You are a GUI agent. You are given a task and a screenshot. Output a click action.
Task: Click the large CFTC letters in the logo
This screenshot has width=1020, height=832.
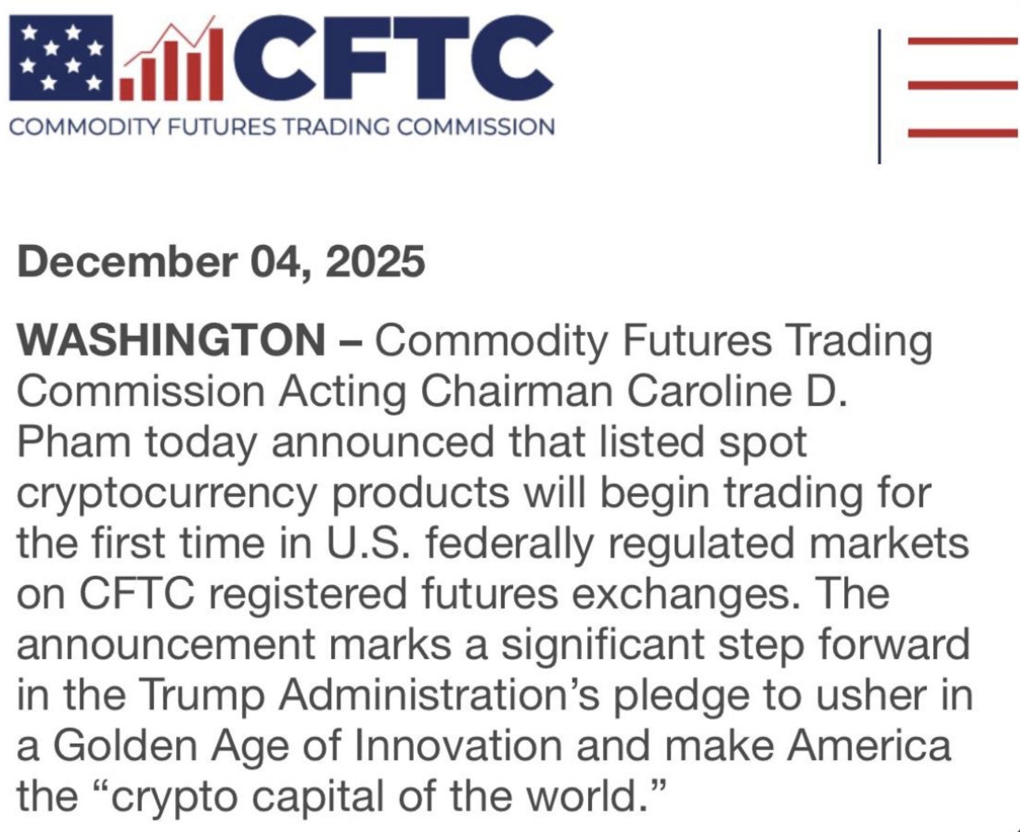tap(390, 58)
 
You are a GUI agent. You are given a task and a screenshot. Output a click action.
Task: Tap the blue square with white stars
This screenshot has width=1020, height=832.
tap(61, 58)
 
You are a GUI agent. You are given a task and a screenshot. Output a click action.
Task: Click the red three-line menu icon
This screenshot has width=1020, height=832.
tap(963, 86)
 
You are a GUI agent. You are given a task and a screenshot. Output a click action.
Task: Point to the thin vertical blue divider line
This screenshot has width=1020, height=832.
tap(879, 96)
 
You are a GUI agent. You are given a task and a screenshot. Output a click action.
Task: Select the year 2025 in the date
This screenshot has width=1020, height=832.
tap(375, 262)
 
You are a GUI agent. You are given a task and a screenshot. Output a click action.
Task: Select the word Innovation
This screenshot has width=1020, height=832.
tap(459, 746)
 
